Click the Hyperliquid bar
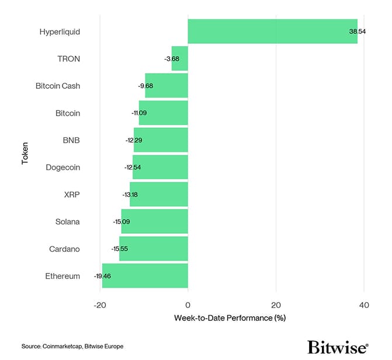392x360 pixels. [272, 32]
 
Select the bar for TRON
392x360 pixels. [180, 58]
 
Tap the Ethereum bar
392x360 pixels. [145, 276]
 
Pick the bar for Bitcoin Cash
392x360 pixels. [166, 86]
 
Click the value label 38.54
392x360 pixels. [358, 32]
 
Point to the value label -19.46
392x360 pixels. [103, 276]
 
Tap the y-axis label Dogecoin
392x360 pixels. [63, 168]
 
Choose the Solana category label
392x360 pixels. [67, 222]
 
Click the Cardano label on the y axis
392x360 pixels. [64, 249]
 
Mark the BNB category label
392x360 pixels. [71, 140]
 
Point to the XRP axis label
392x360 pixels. [72, 195]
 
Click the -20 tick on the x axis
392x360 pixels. [99, 305]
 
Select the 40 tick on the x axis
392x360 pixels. [364, 305]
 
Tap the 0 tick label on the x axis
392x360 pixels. [188, 305]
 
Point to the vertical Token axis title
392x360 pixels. [25, 154]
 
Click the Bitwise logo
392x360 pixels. [338, 347]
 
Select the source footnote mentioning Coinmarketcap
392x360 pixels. [72, 347]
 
